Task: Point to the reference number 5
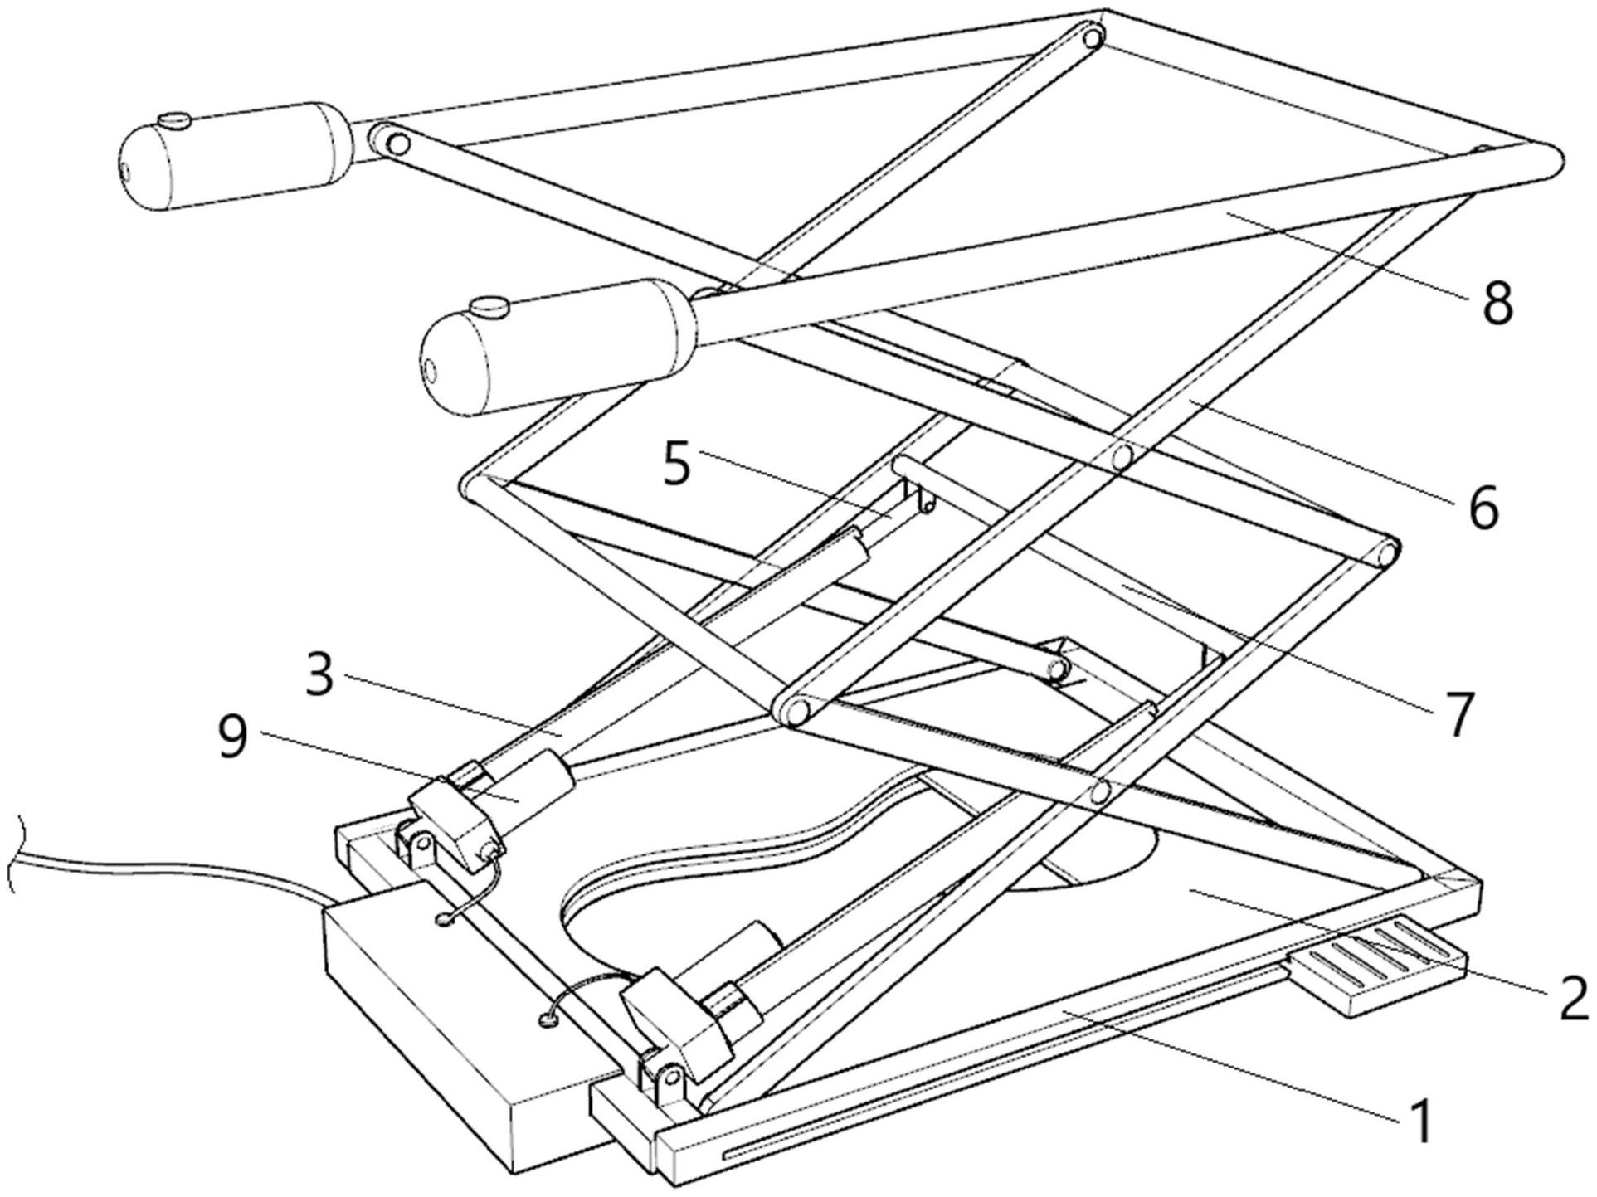tap(677, 465)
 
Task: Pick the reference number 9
tap(233, 737)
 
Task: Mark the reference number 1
tap(1420, 1121)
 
